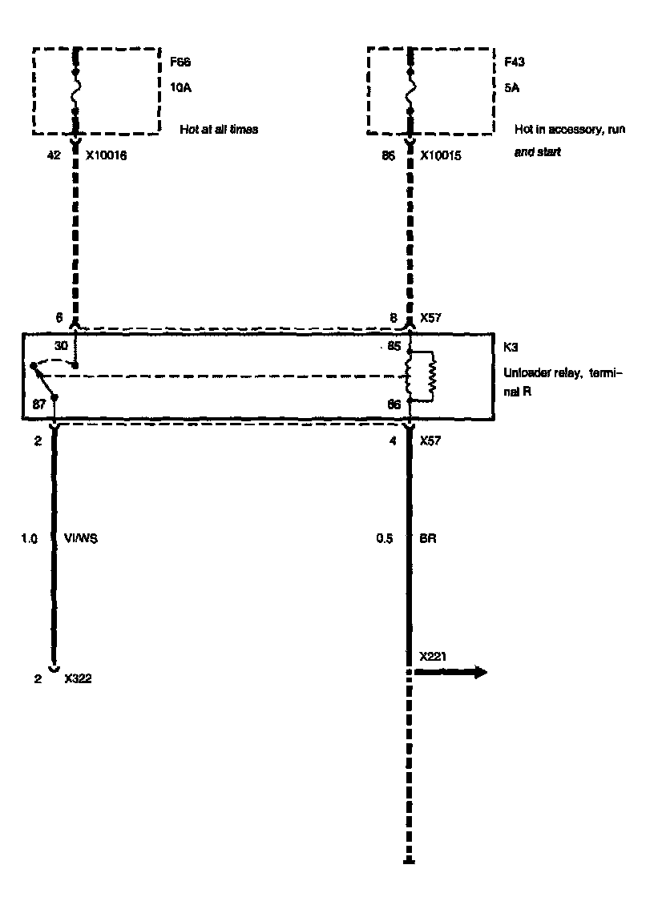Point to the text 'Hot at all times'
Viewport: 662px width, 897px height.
[x=219, y=128]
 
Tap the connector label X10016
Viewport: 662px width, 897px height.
[x=107, y=156]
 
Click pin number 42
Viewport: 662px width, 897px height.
[x=55, y=156]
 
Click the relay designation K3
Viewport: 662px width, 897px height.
[x=511, y=348]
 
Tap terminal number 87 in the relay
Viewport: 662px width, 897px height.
[x=38, y=405]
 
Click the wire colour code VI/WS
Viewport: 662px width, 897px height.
[x=80, y=539]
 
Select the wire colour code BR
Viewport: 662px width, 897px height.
[x=427, y=539]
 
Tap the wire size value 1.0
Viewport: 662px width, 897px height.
[x=29, y=539]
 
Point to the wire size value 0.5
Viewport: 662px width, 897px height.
[x=384, y=539]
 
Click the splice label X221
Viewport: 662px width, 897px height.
[x=433, y=656]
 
